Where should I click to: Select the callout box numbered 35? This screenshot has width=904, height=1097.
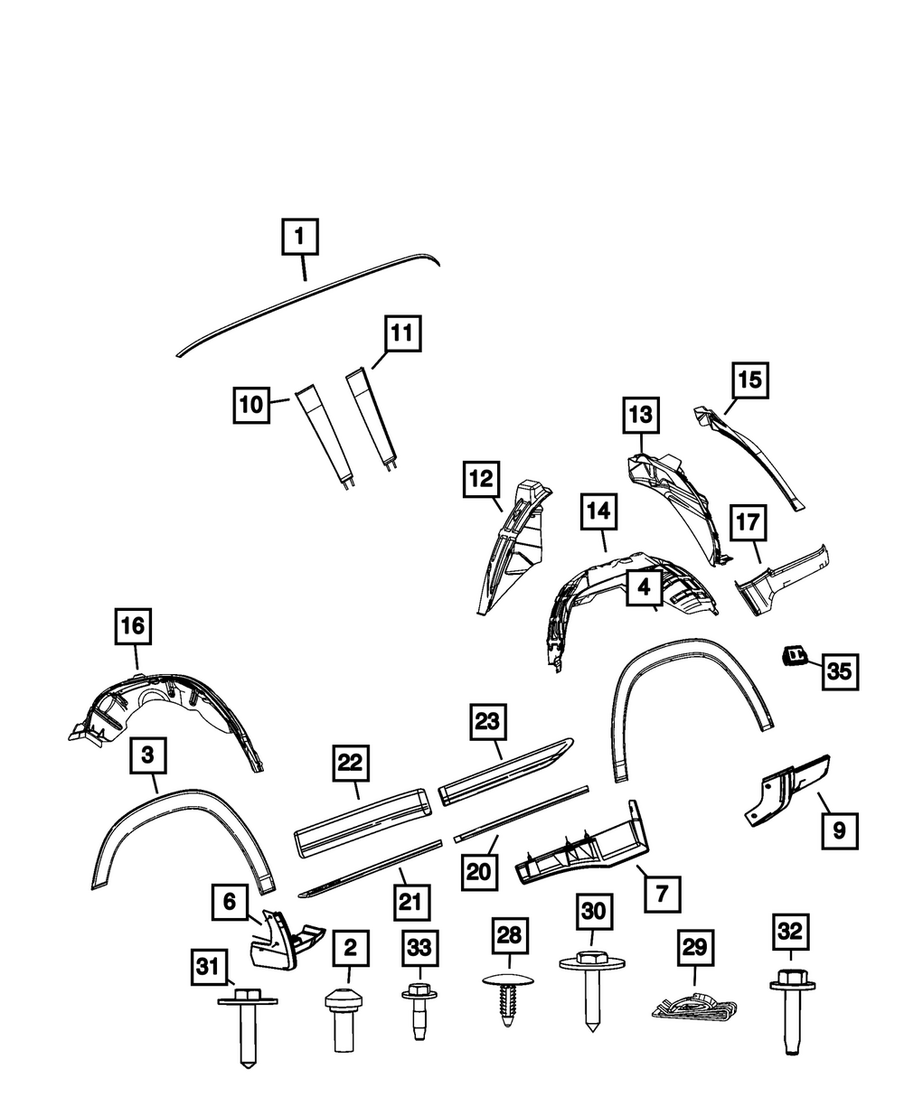839,671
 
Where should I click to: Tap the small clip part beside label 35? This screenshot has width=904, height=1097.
795,654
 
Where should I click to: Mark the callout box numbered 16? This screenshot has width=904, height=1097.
133,625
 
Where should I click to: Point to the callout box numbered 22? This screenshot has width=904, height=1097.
350,764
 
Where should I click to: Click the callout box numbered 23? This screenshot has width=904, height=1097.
487,723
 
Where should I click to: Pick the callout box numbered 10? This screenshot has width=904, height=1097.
252,406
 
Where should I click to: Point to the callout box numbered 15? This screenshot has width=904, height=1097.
749,380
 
